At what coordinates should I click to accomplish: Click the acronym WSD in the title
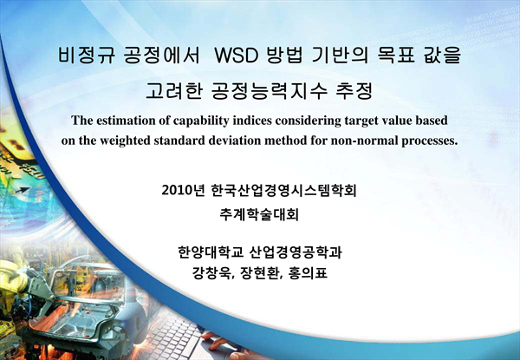236,56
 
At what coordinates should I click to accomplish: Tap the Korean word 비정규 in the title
87,55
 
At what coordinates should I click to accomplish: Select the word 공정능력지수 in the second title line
269,90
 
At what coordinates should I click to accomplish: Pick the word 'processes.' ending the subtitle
430,141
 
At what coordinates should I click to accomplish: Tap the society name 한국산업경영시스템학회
283,191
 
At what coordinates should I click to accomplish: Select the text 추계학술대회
259,214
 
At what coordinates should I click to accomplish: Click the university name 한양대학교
211,252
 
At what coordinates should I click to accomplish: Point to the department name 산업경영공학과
296,252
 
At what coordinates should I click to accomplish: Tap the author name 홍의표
308,273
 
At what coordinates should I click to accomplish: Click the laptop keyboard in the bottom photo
173,335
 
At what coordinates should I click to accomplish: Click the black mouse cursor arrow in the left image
22,191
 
